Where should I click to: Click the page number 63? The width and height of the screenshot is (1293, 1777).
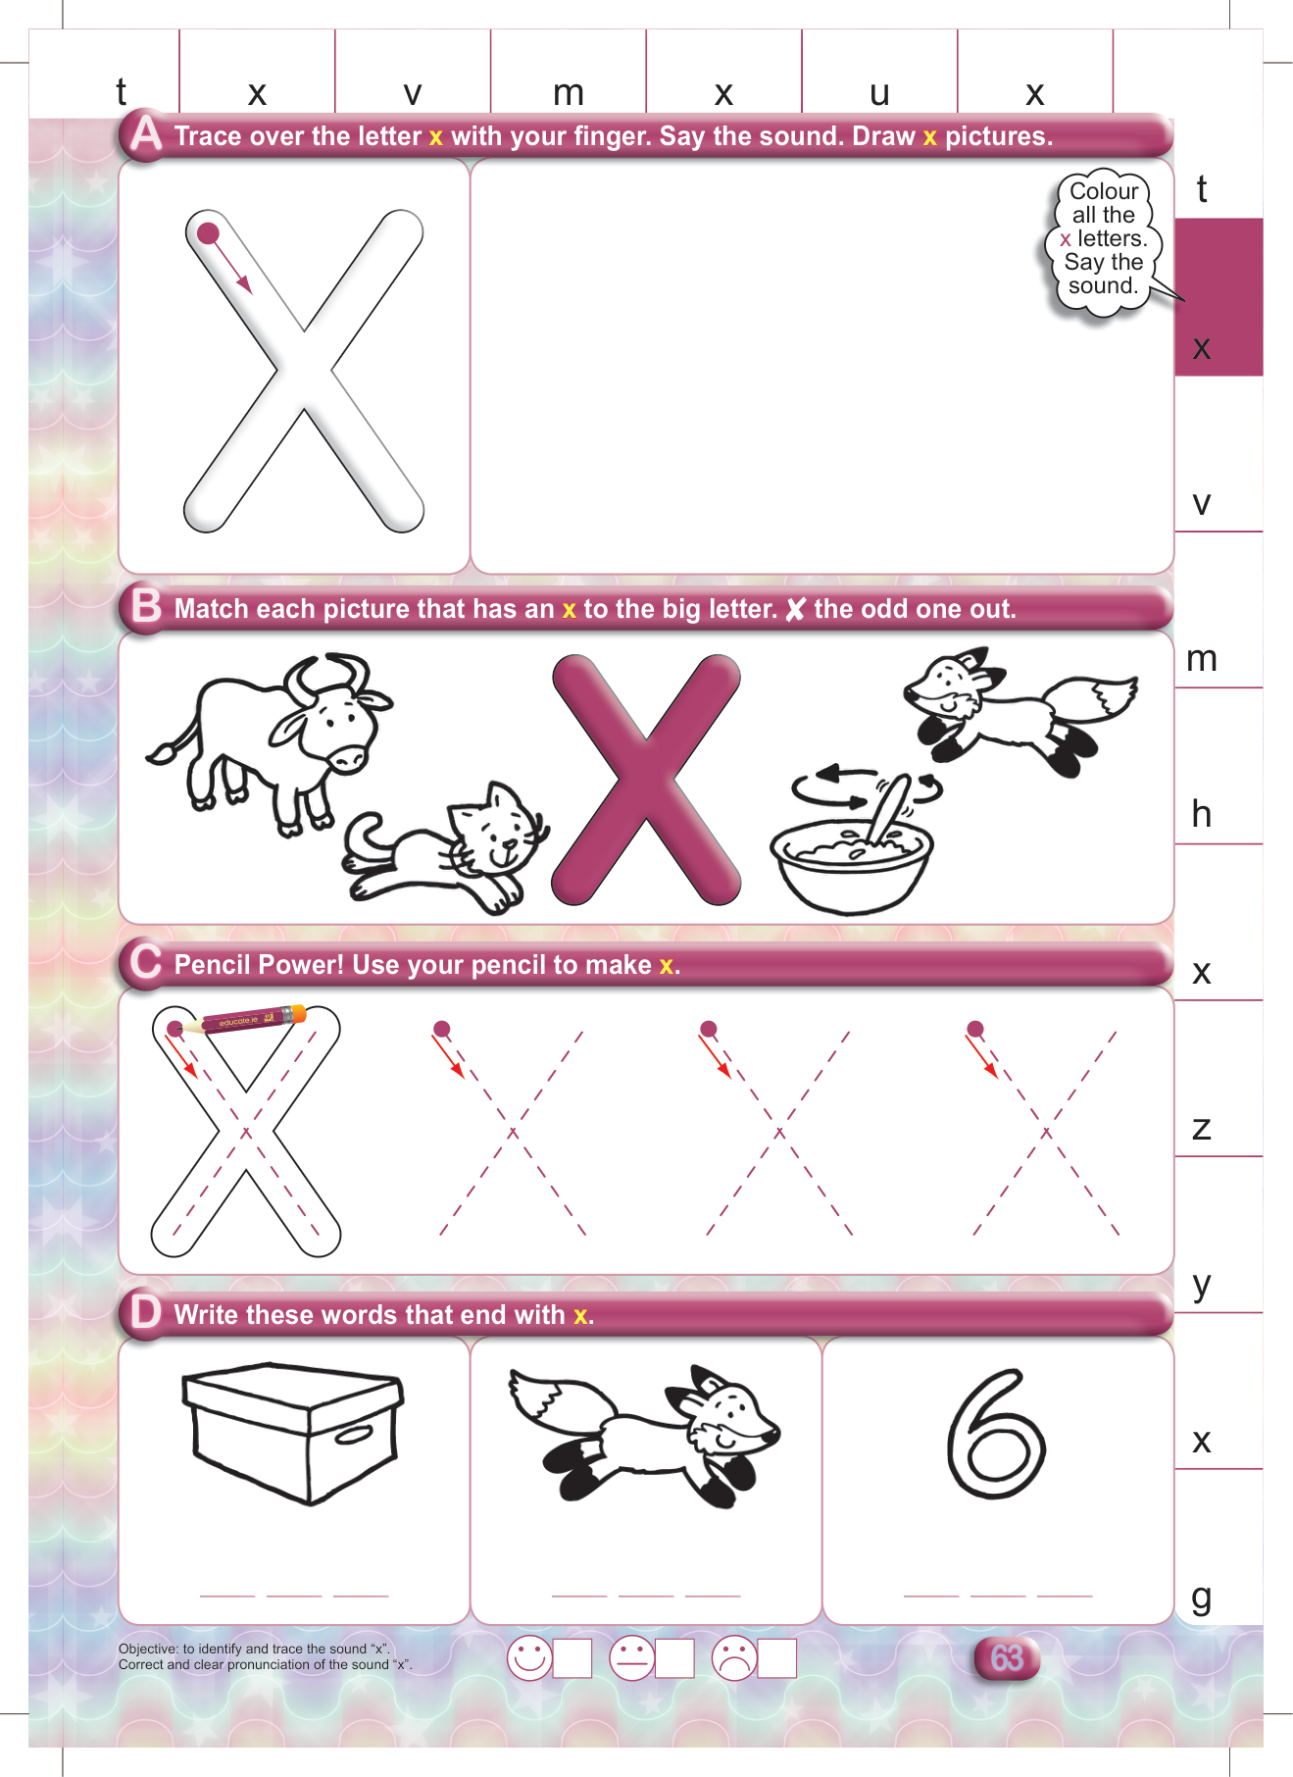click(1007, 1657)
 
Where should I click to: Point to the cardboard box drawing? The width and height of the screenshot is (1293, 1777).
click(293, 1432)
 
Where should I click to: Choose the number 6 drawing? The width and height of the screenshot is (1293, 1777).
click(995, 1433)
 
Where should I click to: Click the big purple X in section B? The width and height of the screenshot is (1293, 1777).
click(646, 780)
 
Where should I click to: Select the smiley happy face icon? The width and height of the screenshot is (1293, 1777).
click(529, 1658)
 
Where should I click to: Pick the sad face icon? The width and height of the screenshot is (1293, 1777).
click(734, 1658)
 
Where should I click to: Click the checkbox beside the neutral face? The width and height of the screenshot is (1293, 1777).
click(674, 1658)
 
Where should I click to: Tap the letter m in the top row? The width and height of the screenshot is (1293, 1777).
click(569, 93)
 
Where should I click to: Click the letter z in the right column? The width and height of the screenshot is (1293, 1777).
click(1202, 1128)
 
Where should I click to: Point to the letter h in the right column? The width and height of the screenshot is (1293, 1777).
click(1202, 813)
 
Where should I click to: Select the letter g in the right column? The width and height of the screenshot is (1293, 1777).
click(1202, 1599)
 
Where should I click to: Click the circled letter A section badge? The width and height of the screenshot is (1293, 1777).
click(146, 133)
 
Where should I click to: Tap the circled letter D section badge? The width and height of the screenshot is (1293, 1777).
click(146, 1311)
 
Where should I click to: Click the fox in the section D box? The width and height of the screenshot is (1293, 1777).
click(643, 1435)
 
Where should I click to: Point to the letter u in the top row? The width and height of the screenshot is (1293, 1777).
click(879, 93)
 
